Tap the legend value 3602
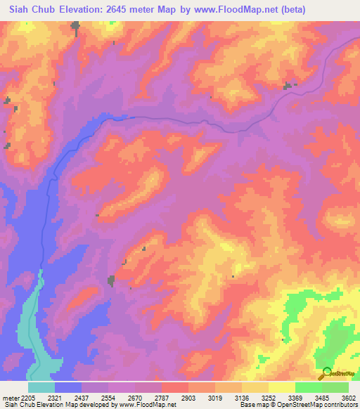pyautogui.click(x=349, y=397)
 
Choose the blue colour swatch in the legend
pyautogui.click(x=68, y=387)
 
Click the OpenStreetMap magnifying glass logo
pyautogui.click(x=325, y=373)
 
